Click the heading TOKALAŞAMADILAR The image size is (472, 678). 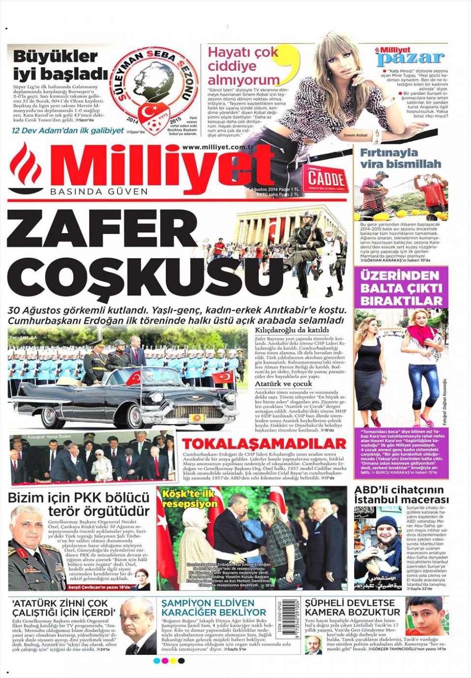click(x=264, y=443)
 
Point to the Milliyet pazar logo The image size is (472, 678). click(x=410, y=56)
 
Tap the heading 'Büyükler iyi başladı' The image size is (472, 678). click(x=59, y=64)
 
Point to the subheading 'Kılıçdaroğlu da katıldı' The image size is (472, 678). click(x=292, y=329)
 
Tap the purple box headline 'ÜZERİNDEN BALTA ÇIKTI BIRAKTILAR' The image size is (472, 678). click(x=401, y=288)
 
